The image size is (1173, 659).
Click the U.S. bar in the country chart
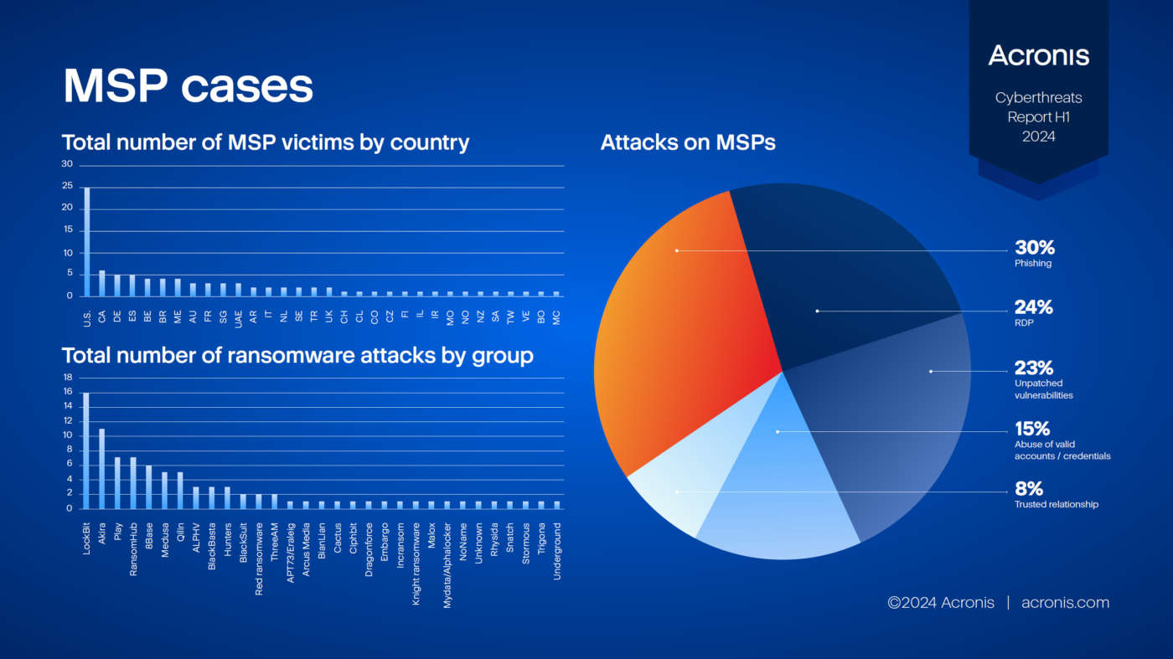(87, 242)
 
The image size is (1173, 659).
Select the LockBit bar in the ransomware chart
(86, 450)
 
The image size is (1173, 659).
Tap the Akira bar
(102, 469)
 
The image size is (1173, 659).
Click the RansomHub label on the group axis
(133, 544)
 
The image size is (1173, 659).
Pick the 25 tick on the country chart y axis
(67, 188)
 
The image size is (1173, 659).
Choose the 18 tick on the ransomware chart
(69, 378)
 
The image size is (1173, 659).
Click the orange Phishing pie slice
(670, 318)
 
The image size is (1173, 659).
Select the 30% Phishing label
(1034, 254)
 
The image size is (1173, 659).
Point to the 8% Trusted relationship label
(1056, 494)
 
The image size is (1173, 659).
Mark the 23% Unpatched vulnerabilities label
(1043, 378)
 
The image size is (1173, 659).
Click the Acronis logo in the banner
(1038, 56)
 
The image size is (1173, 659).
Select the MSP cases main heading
(189, 85)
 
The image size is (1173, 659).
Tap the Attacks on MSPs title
(688, 142)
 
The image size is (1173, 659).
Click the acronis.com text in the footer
(1065, 603)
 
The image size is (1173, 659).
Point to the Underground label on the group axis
(557, 553)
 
